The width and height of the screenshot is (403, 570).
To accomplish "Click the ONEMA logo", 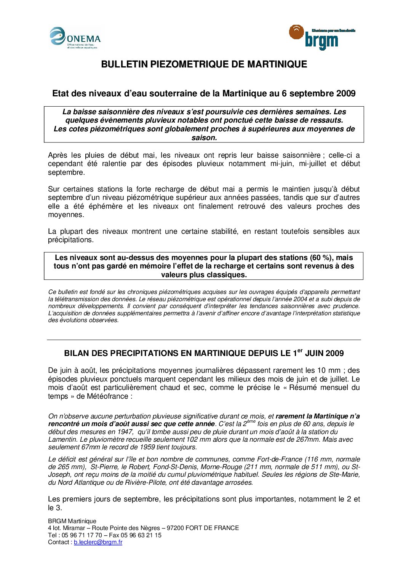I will click(x=75, y=38).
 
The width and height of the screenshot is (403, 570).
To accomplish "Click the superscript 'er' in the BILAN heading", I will click(x=300, y=350).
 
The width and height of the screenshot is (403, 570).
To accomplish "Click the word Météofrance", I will click(x=108, y=396).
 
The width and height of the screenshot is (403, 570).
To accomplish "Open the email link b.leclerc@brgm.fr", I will click(x=98, y=542).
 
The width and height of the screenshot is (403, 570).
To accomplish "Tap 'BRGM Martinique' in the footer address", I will click(x=72, y=521).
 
